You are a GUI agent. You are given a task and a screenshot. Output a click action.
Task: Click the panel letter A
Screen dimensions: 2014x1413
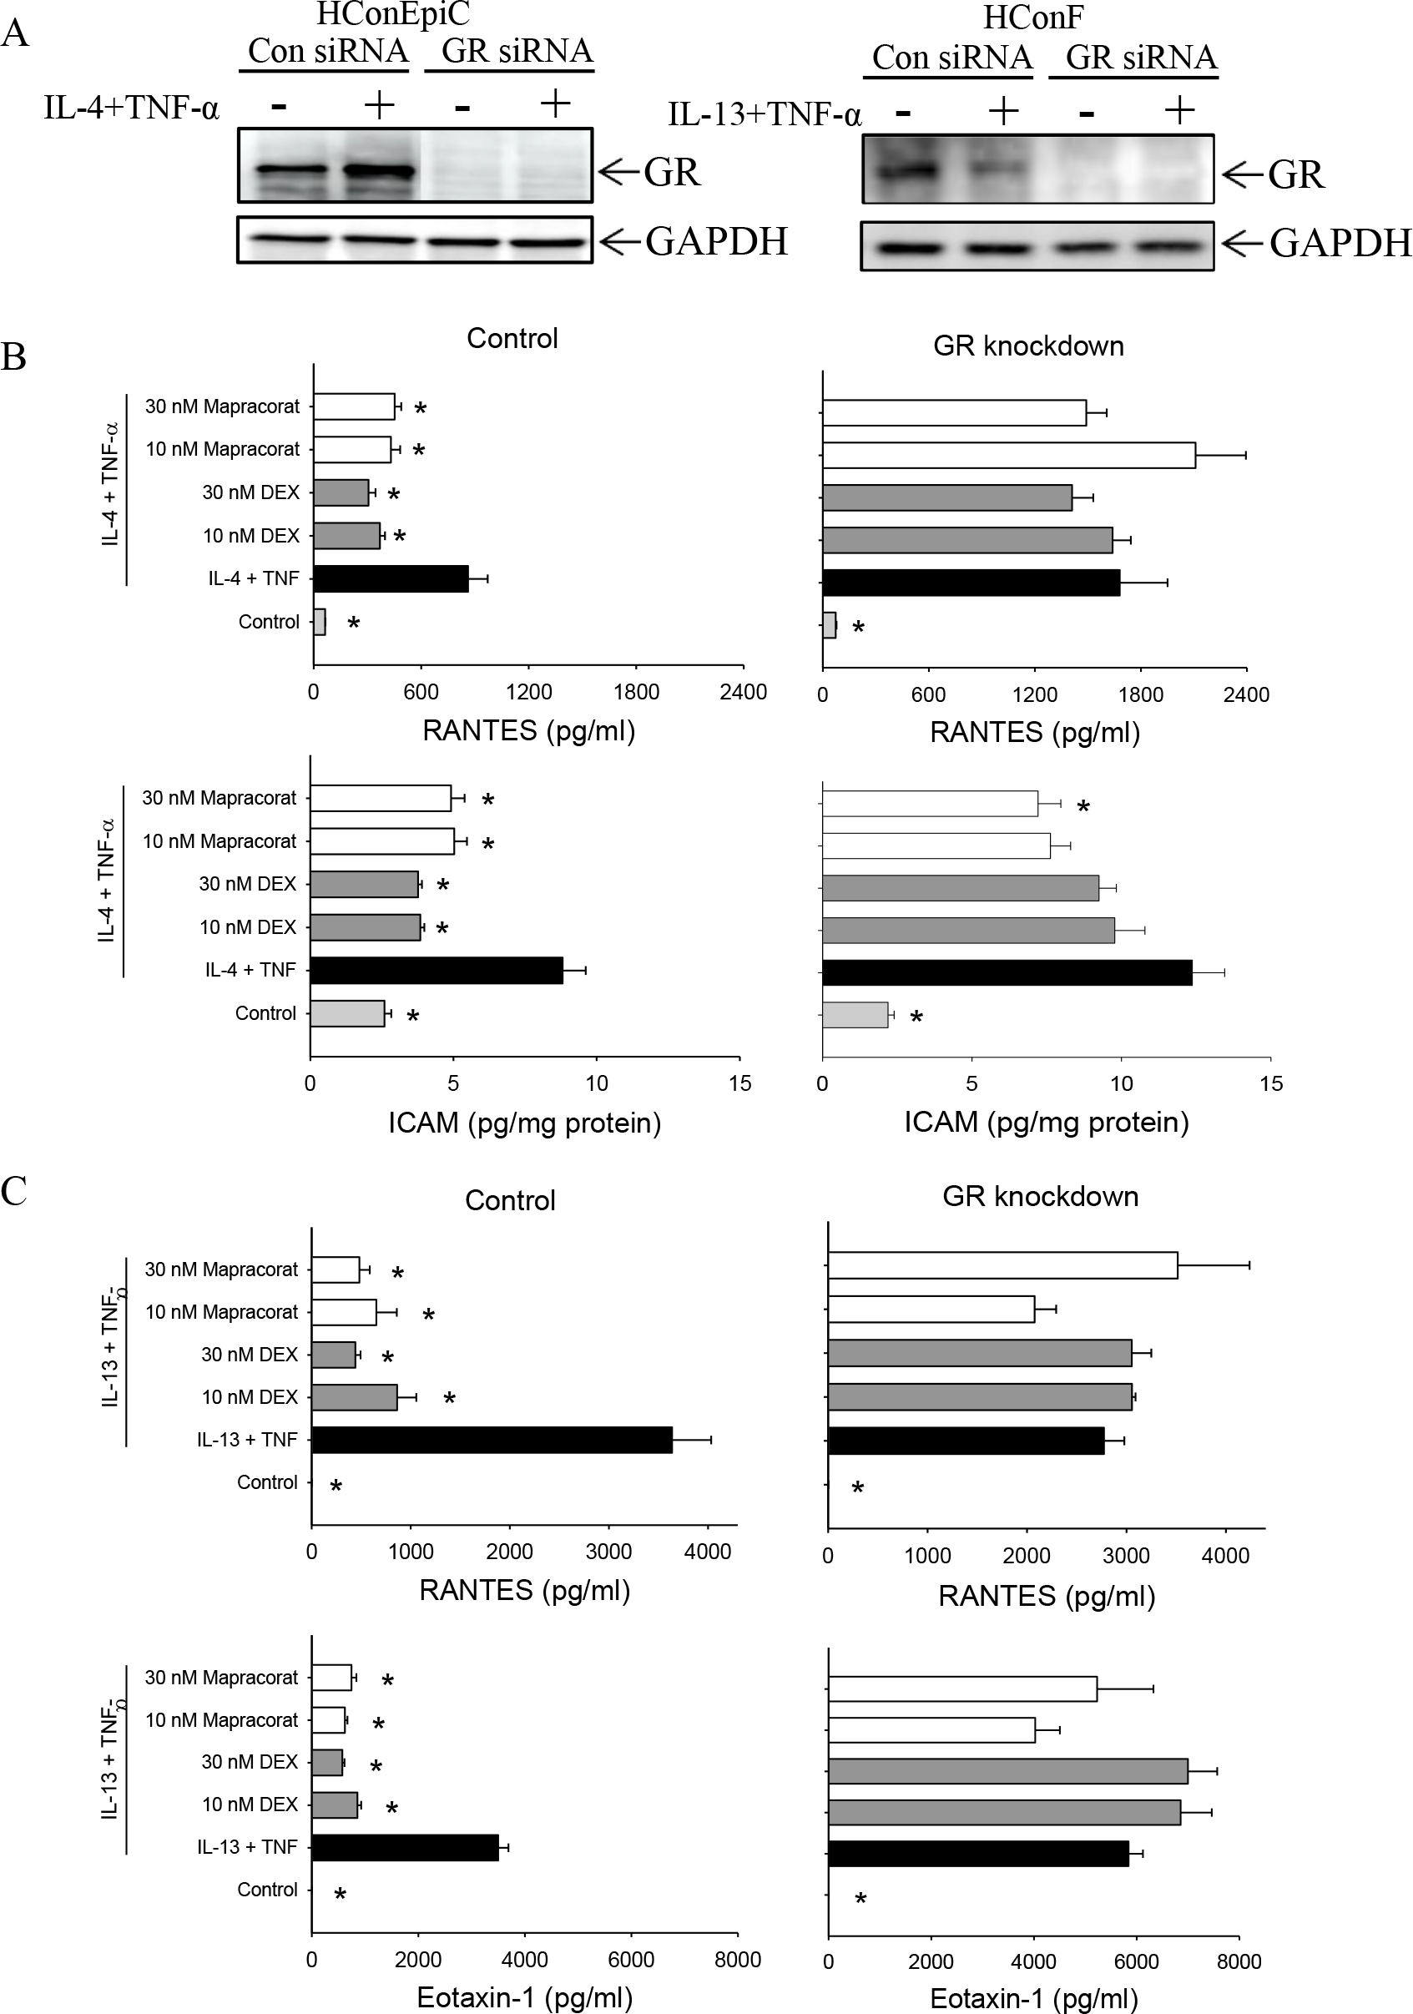point(15,34)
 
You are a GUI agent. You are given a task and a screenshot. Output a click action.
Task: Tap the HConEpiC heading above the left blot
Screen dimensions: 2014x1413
point(392,14)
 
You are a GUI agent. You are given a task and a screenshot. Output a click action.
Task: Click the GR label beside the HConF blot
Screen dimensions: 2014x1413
point(1295,174)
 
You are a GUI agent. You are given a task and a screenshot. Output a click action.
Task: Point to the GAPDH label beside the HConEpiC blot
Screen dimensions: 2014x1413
point(717,241)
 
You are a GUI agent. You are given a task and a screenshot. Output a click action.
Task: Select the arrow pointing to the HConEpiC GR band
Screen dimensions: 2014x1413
point(618,170)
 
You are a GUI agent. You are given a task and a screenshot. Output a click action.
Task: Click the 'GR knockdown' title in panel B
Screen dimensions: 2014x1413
point(1028,346)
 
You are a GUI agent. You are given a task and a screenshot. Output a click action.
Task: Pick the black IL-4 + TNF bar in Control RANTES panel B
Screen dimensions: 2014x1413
point(391,579)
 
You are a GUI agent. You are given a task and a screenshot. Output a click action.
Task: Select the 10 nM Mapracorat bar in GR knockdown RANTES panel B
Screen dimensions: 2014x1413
point(1009,455)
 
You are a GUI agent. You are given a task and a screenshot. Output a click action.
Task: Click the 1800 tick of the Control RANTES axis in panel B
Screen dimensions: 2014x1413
point(636,692)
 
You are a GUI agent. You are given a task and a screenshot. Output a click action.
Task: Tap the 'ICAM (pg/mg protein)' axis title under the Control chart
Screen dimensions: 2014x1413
point(524,1123)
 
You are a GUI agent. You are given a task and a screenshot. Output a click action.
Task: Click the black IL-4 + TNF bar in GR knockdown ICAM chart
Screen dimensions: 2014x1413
point(1007,973)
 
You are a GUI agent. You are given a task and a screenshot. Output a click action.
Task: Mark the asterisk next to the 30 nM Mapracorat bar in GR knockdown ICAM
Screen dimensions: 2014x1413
point(1083,807)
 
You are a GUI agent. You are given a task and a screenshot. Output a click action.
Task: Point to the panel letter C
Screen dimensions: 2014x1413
point(14,1190)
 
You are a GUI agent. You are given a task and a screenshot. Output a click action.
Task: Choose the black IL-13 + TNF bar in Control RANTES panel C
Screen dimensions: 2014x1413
point(492,1440)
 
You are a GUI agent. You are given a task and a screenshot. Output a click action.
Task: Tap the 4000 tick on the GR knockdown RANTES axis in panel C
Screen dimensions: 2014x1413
point(1224,1555)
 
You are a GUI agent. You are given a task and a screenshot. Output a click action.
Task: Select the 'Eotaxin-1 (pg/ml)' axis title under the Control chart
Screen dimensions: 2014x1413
point(524,1997)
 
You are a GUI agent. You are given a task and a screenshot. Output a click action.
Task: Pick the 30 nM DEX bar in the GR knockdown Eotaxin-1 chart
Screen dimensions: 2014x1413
point(1007,1770)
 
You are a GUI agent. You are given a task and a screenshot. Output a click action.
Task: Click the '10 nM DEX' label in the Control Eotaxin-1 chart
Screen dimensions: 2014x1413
point(250,1805)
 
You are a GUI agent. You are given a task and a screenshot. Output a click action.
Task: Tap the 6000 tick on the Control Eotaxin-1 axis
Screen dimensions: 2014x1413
point(631,1960)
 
